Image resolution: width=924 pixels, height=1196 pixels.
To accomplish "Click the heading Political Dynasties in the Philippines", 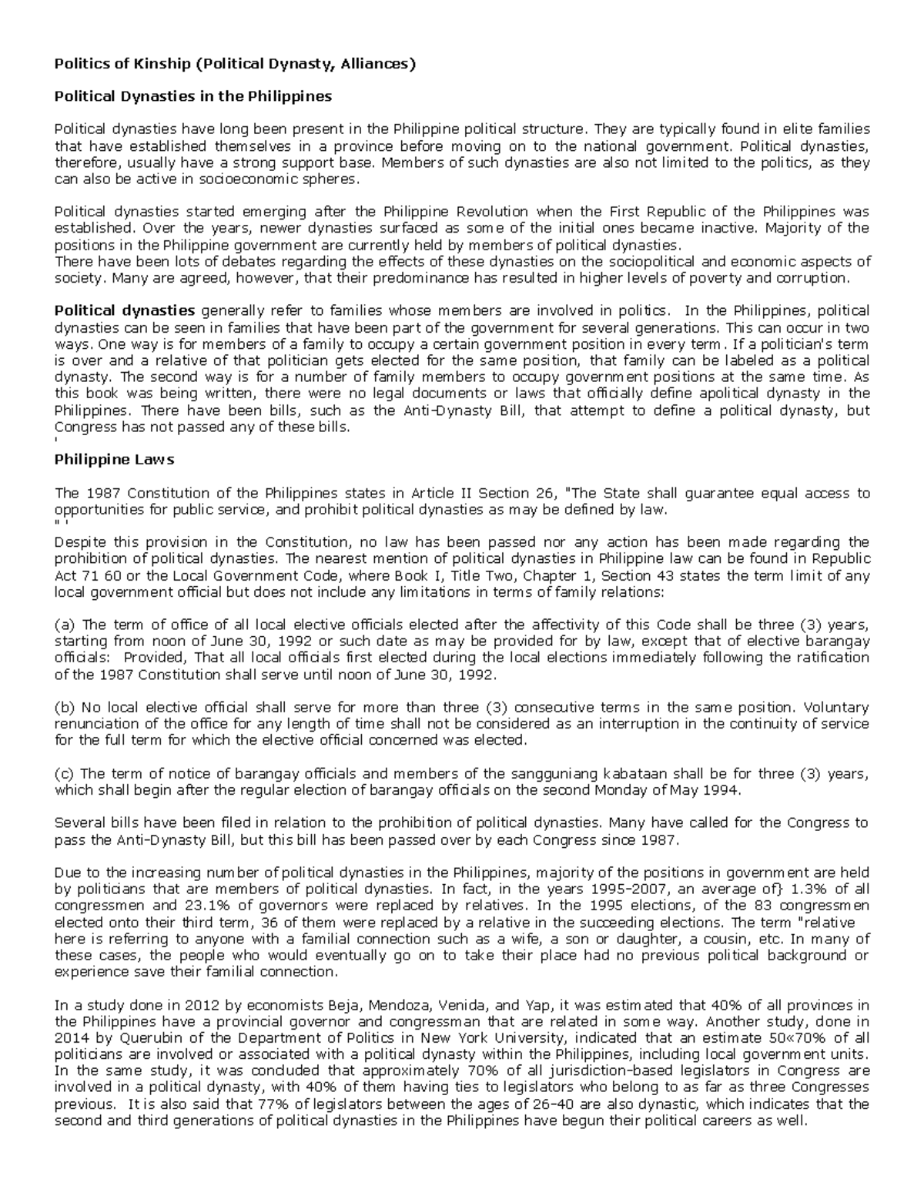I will pyautogui.click(x=192, y=96).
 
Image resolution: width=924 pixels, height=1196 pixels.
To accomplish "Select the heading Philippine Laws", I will pyautogui.click(x=114, y=460).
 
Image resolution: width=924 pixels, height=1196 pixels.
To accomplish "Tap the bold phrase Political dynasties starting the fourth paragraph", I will pyautogui.click(x=124, y=311).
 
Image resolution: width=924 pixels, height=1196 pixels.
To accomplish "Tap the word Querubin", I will pyautogui.click(x=121, y=1038).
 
